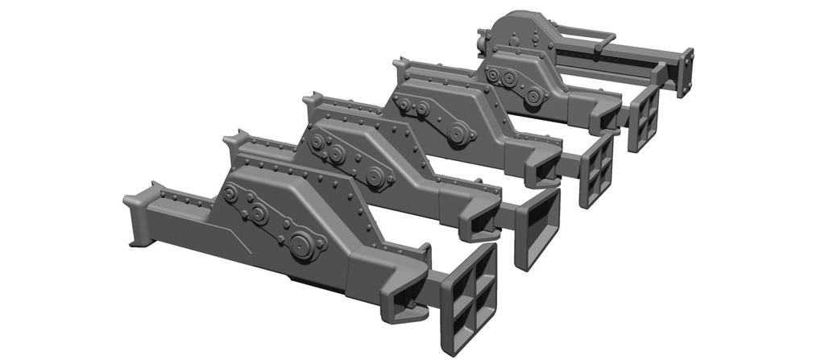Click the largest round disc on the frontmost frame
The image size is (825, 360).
coord(302,246)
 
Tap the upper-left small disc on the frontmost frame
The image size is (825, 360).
coord(231,195)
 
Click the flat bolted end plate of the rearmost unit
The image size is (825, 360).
coord(686,71)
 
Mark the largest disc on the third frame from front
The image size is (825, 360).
coord(458,134)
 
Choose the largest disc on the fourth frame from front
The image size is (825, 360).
coord(533,96)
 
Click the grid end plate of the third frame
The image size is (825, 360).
coord(597,168)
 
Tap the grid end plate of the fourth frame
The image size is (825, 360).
coord(642,117)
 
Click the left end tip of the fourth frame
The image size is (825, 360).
coord(400,64)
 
